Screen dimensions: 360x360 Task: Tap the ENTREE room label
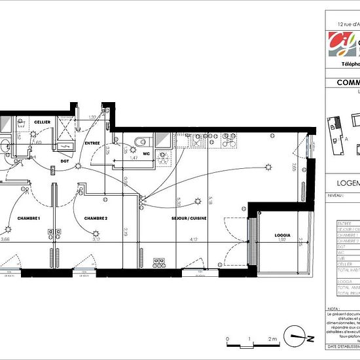click(x=91, y=143)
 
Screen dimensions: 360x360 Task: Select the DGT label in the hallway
click(x=65, y=160)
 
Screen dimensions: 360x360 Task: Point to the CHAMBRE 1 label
click(x=29, y=217)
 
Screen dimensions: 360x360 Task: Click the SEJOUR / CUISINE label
click(x=189, y=217)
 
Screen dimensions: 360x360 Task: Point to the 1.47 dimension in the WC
click(x=133, y=158)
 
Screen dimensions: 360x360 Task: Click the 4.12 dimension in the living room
click(x=194, y=240)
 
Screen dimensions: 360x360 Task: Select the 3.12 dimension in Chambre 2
click(x=96, y=240)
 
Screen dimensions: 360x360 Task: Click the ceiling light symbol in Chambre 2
click(x=96, y=231)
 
